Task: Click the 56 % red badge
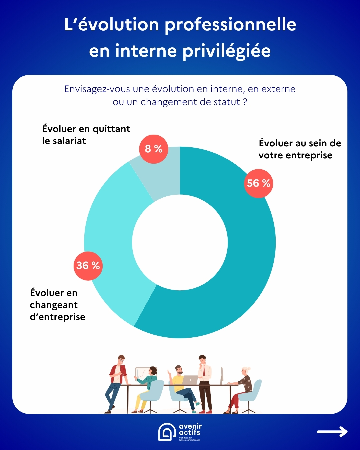click(x=258, y=183)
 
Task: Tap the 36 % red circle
click(x=88, y=266)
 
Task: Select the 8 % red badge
click(x=154, y=149)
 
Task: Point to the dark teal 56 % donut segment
click(x=240, y=267)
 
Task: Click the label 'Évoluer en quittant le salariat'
click(x=86, y=135)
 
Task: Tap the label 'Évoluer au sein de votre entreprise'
click(x=300, y=149)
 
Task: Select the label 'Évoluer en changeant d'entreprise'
click(x=57, y=305)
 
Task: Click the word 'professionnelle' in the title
click(x=230, y=25)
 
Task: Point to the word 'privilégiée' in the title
click(x=227, y=51)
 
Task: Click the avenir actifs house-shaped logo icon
click(x=167, y=432)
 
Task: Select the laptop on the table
click(x=190, y=380)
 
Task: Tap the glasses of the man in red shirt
click(x=122, y=360)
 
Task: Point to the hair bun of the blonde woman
click(x=249, y=369)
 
